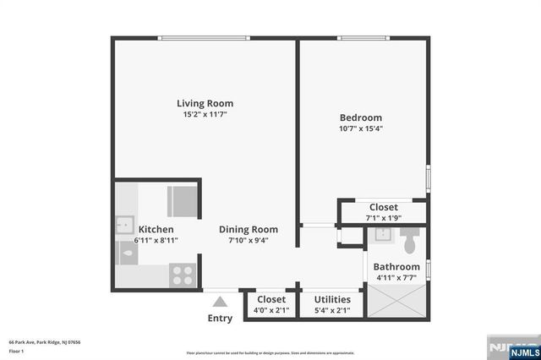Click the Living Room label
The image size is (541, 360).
(x=205, y=103)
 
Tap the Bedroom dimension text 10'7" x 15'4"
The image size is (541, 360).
(x=361, y=128)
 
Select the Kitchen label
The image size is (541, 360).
(x=156, y=229)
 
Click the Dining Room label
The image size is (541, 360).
(x=248, y=229)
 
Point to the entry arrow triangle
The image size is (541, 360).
(x=220, y=301)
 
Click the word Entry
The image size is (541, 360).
(x=220, y=318)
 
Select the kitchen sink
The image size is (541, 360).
(x=125, y=226)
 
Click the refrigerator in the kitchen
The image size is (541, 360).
(x=182, y=201)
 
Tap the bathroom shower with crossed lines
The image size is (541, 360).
(x=396, y=300)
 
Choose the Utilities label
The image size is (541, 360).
(x=332, y=299)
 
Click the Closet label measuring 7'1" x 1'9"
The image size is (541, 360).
(x=383, y=207)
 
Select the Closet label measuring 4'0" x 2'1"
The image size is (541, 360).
(x=270, y=299)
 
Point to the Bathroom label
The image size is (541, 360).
(x=396, y=266)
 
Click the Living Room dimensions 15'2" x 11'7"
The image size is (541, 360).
(x=205, y=114)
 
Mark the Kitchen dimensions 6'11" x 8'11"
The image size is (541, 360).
(x=156, y=240)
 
